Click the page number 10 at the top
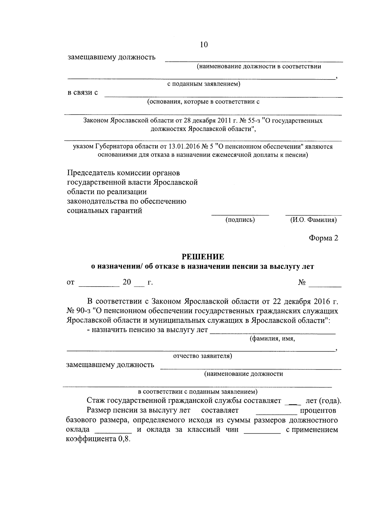tap(204, 45)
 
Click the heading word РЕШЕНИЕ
tap(203, 257)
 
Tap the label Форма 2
tap(323, 238)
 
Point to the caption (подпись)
tap(240, 220)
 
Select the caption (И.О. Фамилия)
tap(313, 220)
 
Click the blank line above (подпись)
tap(240, 214)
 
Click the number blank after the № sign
tap(325, 286)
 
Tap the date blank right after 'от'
tap(99, 286)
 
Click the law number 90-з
tap(81, 311)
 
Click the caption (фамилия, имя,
tap(272, 339)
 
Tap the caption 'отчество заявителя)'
tap(203, 356)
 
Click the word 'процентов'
tap(318, 411)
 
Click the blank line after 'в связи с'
tap(224, 96)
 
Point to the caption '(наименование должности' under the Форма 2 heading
tap(243, 374)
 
